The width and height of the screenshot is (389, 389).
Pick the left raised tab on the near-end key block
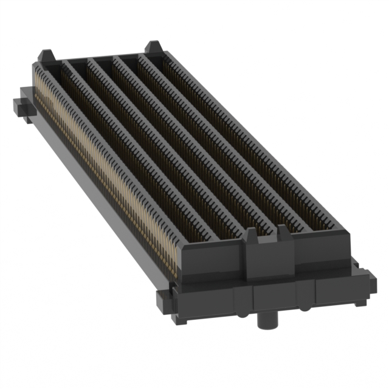tap(251, 236)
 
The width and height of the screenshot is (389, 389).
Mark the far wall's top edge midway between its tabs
tap(100, 56)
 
